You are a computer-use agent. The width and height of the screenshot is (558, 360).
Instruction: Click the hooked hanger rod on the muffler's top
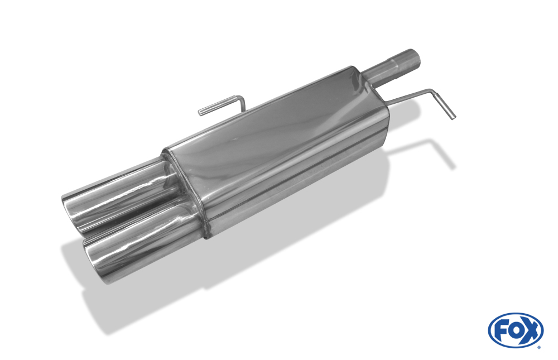[222, 105]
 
